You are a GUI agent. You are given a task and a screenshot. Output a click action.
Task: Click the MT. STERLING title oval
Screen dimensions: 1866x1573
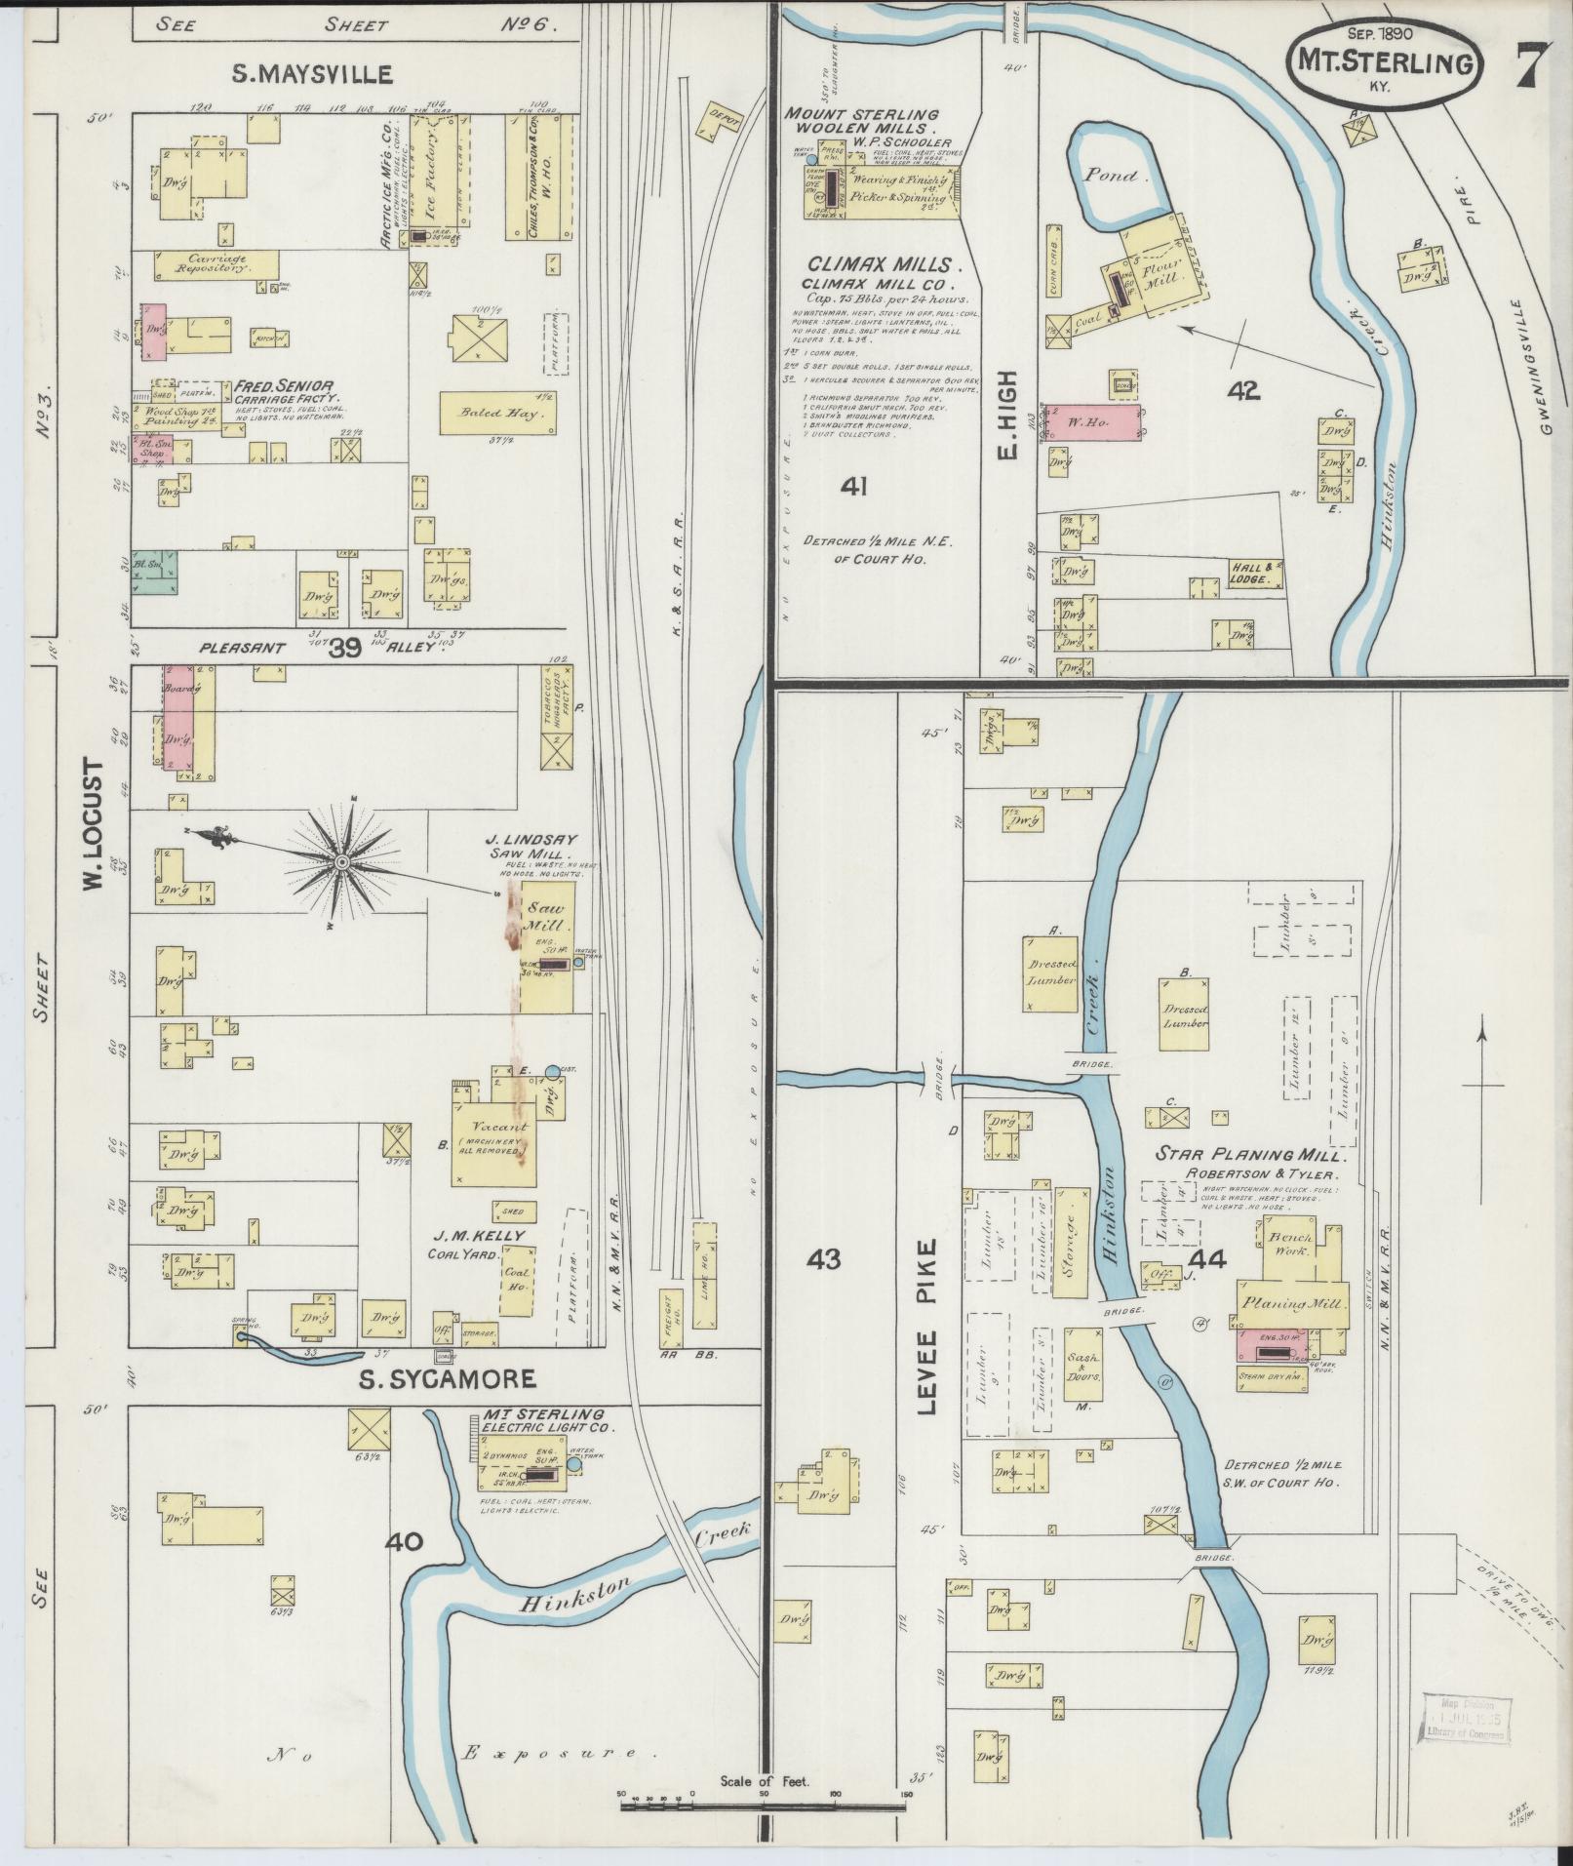click(x=1382, y=60)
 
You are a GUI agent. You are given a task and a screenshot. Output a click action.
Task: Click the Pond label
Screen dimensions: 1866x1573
click(x=1113, y=177)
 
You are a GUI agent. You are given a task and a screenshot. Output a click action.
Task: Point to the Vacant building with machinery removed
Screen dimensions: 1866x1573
click(x=492, y=1132)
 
